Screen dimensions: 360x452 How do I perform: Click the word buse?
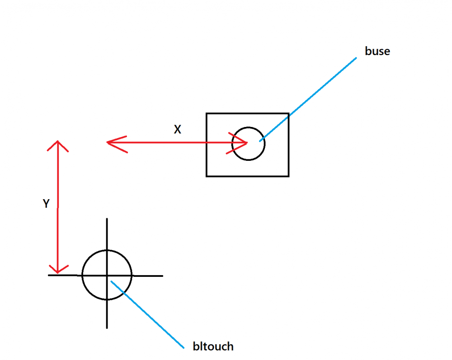click(377, 51)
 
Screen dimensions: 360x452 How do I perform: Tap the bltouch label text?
click(213, 346)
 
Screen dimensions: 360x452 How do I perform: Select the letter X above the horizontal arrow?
click(178, 130)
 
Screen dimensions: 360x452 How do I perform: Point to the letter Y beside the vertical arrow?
click(46, 204)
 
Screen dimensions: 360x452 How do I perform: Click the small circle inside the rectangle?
click(248, 144)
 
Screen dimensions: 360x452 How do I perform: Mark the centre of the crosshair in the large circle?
click(107, 275)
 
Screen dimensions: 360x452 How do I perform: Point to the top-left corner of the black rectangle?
click(207, 114)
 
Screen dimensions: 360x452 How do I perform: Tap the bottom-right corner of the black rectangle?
click(288, 176)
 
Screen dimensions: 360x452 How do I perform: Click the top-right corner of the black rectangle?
click(288, 114)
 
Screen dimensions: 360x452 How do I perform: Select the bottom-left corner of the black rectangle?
click(207, 176)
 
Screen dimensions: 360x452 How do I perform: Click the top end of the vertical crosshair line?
click(107, 219)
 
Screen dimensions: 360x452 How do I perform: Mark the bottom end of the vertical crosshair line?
click(107, 327)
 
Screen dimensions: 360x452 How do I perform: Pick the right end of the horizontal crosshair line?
click(162, 275)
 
